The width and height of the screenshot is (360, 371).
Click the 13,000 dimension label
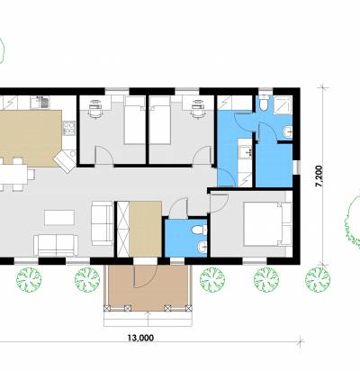click(140, 338)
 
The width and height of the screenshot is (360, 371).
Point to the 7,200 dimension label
click(319, 176)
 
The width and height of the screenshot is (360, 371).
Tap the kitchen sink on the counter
click(44, 103)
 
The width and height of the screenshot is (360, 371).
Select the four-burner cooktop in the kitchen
click(69, 128)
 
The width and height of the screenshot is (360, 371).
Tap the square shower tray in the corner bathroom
click(283, 104)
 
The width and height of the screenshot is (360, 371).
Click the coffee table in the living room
click(59, 218)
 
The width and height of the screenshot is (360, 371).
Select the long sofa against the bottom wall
click(56, 245)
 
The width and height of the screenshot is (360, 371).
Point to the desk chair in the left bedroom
click(94, 110)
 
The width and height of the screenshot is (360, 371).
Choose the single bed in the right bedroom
click(159, 120)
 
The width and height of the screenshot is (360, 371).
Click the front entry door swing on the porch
click(146, 276)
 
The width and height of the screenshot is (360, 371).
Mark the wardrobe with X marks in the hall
click(122, 229)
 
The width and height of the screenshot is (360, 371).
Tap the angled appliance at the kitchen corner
click(65, 161)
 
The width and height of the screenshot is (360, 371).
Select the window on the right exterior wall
click(296, 167)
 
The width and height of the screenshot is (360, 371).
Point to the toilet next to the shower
click(265, 104)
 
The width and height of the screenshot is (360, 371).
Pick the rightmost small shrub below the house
click(318, 280)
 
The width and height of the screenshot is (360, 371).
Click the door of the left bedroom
click(103, 156)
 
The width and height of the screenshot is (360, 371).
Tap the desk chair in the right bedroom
click(198, 110)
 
